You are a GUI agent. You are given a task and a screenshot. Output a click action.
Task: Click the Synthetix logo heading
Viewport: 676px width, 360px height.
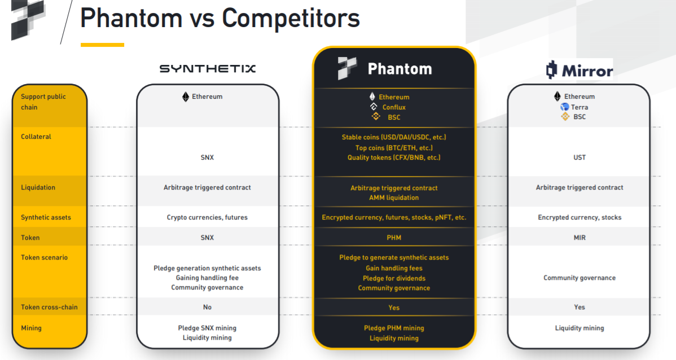(207, 68)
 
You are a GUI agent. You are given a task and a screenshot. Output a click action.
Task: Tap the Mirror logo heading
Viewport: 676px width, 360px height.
(579, 70)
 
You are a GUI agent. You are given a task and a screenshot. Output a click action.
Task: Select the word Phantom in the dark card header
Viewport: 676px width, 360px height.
(400, 69)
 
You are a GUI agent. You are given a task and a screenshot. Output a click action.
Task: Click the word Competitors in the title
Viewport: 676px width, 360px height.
(291, 18)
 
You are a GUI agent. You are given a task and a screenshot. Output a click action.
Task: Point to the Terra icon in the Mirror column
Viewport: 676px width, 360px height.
(565, 107)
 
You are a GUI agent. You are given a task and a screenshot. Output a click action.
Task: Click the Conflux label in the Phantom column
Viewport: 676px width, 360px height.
(394, 107)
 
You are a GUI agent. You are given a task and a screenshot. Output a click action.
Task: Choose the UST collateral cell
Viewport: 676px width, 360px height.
(580, 157)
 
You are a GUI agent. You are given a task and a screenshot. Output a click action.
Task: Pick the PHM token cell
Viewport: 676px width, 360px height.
(394, 238)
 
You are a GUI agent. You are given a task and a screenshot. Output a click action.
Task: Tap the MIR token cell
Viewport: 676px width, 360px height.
(580, 238)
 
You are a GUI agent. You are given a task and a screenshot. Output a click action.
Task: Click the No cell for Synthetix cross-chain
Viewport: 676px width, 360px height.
(207, 308)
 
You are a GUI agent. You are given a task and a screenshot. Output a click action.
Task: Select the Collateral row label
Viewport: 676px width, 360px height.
(36, 137)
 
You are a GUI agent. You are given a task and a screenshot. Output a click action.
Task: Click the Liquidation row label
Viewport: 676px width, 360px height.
(38, 187)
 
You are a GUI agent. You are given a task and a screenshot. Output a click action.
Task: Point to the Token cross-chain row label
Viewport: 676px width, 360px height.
(49, 308)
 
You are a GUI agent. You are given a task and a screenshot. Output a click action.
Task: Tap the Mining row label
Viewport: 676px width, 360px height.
(31, 328)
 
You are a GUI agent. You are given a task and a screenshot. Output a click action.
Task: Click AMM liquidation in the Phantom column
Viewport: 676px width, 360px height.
(394, 198)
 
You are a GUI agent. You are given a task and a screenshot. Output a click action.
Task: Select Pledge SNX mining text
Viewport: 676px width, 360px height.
(207, 328)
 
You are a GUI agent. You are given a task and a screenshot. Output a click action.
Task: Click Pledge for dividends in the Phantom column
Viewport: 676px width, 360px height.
(394, 279)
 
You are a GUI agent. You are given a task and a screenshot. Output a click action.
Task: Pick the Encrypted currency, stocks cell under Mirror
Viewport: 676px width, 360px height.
(580, 217)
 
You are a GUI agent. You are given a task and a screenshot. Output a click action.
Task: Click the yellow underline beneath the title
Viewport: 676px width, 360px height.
(102, 45)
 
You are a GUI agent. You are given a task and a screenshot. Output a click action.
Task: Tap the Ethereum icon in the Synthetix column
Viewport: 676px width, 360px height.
(186, 97)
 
